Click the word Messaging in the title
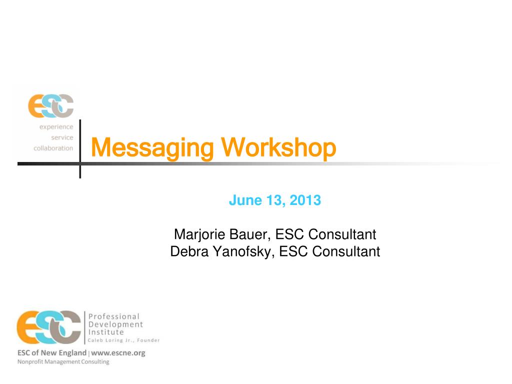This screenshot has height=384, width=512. [152, 148]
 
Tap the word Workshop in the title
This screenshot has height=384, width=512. [278, 147]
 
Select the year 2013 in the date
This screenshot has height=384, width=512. [305, 200]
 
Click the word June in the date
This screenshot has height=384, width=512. [245, 200]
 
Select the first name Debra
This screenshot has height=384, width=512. [189, 252]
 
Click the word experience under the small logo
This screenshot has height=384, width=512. [56, 127]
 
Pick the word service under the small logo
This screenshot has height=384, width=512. [62, 137]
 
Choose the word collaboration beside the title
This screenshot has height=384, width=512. [53, 148]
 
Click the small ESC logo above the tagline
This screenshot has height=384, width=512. [50, 106]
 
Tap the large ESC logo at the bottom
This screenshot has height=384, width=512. [48, 327]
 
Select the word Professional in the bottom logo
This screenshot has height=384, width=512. [114, 316]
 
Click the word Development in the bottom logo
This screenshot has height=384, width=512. [115, 324]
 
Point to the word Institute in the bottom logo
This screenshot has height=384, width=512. [106, 332]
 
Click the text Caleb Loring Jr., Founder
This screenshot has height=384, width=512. [124, 340]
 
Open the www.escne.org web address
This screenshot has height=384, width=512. [118, 353]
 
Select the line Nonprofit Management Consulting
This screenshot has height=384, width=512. [63, 362]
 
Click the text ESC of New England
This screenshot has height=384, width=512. [52, 353]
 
